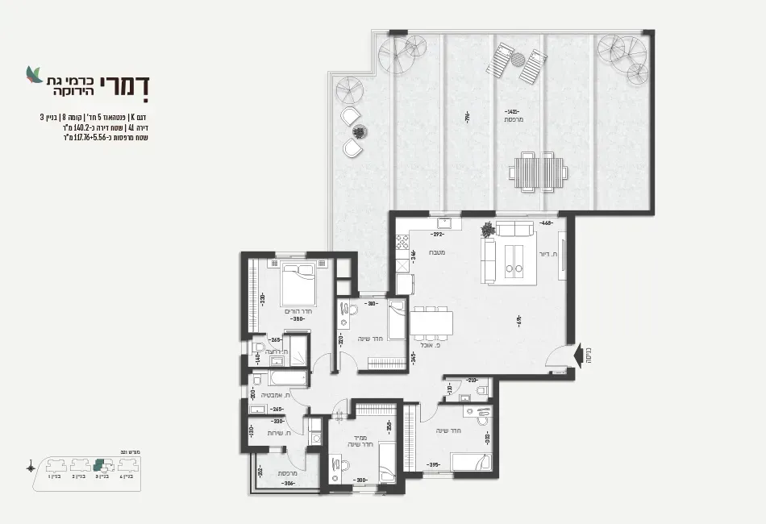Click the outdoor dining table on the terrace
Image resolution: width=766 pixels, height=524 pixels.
(x=538, y=171)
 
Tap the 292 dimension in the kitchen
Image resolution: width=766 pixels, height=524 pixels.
(x=437, y=235)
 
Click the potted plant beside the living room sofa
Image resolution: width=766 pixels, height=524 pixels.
(x=487, y=230)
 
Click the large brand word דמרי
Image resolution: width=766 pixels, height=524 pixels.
(x=125, y=84)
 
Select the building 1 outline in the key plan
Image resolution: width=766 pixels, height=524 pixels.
(x=54, y=465)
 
